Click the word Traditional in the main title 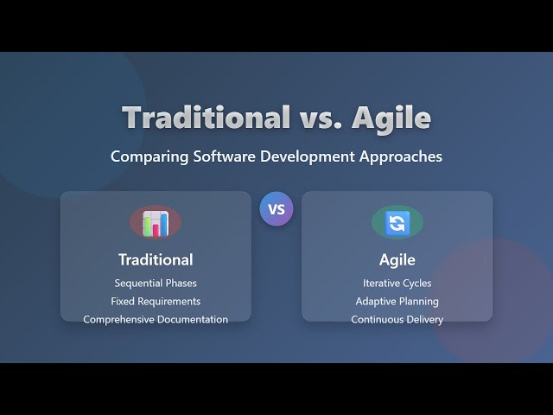click(206, 118)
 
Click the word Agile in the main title click(391, 118)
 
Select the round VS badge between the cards click(276, 209)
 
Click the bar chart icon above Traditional click(156, 223)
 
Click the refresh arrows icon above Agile click(397, 223)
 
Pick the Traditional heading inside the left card click(156, 259)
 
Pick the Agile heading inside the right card click(397, 259)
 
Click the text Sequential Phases click(156, 284)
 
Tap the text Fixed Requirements click(156, 302)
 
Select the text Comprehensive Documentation click(156, 320)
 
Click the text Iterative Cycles click(397, 284)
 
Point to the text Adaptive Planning click(397, 302)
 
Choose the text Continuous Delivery click(397, 320)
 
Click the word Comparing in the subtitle click(144, 157)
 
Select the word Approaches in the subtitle click(403, 157)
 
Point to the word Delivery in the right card click(423, 320)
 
